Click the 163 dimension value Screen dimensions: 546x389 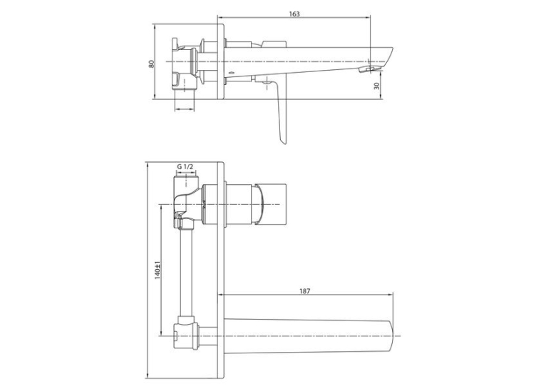click(294, 14)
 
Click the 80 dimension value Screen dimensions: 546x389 click(152, 64)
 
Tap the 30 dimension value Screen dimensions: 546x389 click(377, 86)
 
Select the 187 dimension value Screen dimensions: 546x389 click(304, 291)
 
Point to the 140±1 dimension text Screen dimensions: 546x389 click(158, 270)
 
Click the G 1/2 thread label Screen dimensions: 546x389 click(185, 166)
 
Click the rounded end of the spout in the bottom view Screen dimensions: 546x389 click(390, 336)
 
